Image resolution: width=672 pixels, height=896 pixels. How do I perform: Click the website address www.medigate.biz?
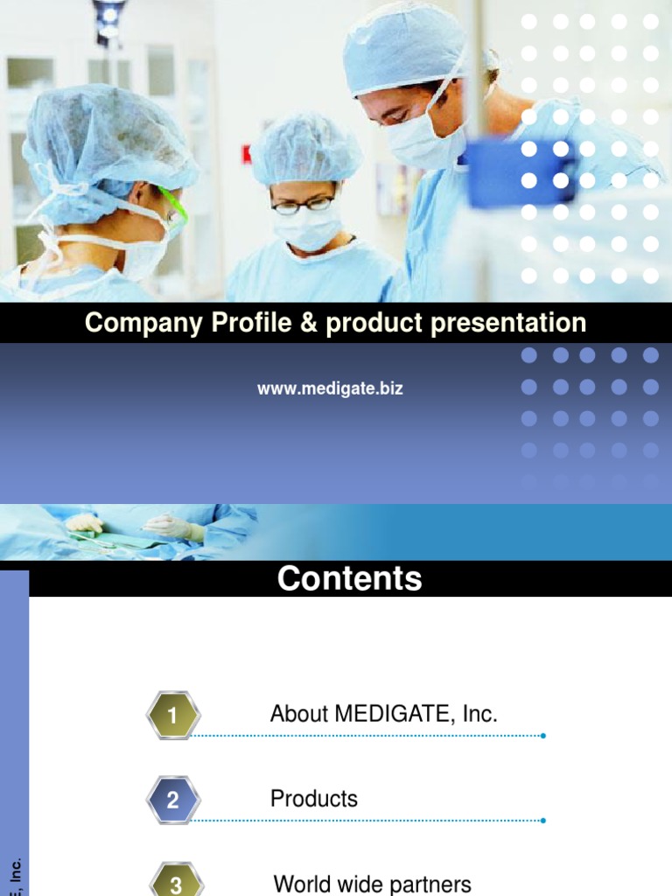click(330, 388)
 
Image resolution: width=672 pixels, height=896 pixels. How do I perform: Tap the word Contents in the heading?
click(349, 579)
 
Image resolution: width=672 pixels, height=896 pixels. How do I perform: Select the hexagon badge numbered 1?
click(173, 716)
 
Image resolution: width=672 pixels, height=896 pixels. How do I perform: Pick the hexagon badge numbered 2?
click(173, 800)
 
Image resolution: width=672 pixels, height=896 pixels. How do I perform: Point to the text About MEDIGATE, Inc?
click(383, 714)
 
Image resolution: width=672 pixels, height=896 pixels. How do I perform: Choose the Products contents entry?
click(313, 799)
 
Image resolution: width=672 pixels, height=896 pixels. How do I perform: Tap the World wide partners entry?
click(372, 884)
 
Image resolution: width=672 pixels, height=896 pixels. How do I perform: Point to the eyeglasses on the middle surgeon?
click(302, 205)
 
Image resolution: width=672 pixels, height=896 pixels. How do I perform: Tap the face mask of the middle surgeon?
click(306, 229)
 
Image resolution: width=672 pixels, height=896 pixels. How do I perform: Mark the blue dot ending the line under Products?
click(543, 821)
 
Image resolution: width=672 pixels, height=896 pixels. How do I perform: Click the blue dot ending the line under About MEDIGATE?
click(543, 736)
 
